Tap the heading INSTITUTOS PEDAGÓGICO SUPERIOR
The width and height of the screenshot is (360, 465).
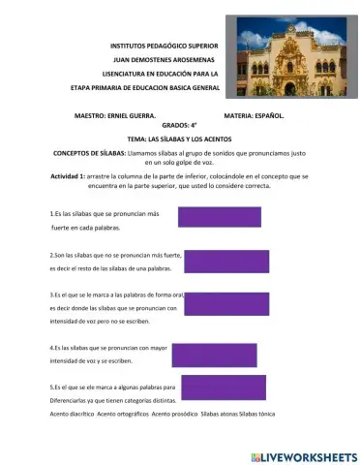tap(165, 46)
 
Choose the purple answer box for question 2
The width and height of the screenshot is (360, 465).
tap(225, 261)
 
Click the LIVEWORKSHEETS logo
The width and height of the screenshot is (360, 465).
tap(303, 455)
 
